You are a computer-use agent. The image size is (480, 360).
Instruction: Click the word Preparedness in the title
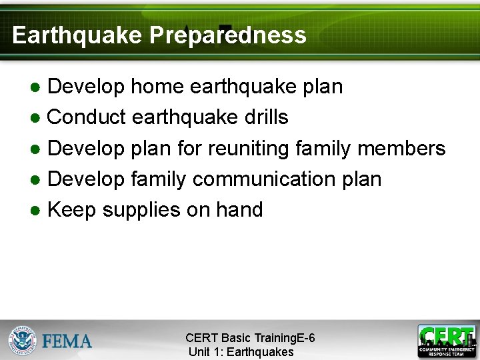click(x=227, y=35)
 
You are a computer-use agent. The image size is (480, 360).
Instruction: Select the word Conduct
click(x=87, y=117)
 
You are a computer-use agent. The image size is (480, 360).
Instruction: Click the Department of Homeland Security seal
click(x=23, y=340)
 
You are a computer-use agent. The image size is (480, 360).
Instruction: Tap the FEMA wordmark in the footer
click(x=67, y=341)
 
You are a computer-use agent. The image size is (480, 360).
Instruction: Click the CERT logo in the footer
click(x=447, y=340)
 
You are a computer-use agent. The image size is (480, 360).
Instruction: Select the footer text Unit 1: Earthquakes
click(x=241, y=352)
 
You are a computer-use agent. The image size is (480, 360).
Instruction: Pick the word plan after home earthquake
click(x=322, y=87)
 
